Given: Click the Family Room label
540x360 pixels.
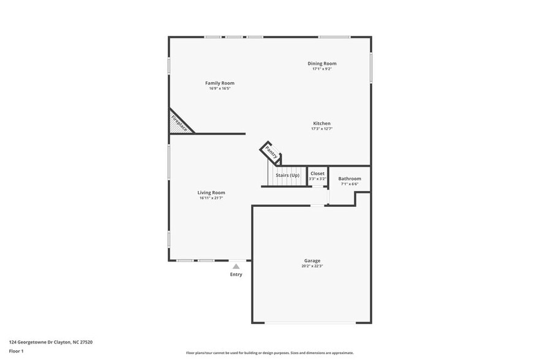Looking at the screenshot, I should [x=219, y=83].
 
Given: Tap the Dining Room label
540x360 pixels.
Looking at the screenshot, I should [x=321, y=64].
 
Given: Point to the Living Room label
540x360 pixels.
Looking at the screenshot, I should [x=211, y=193].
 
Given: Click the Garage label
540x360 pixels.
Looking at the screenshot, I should [x=312, y=261].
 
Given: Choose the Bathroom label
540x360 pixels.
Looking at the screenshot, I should [x=350, y=179].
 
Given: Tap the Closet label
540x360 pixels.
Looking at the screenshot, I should [x=318, y=174].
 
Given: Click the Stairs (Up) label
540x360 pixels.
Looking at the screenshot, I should [x=287, y=176].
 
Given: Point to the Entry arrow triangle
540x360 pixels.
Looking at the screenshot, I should [x=236, y=266].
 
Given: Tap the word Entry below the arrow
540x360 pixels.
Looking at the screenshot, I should [x=236, y=274].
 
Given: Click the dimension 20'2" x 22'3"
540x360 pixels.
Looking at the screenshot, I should [x=312, y=266].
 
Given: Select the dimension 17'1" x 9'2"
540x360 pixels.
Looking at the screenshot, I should [x=321, y=69].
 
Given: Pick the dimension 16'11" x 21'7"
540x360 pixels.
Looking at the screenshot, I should [x=211, y=198].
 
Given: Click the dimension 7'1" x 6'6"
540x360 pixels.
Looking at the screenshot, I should [x=350, y=184].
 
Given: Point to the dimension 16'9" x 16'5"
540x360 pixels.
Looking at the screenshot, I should [x=219, y=88].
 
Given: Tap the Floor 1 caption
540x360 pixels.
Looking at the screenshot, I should [x=17, y=351].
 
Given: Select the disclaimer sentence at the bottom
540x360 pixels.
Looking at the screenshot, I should [x=269, y=353].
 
